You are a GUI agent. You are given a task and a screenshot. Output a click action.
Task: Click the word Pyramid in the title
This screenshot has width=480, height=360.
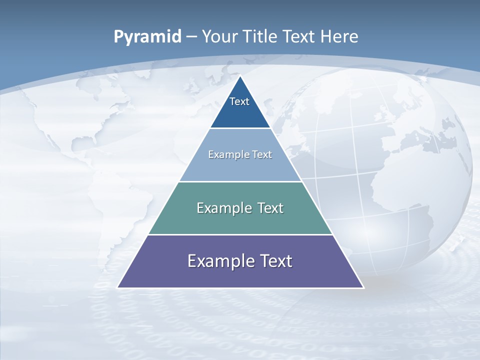(147, 37)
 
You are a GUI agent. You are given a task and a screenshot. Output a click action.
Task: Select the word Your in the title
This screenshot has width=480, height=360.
(219, 36)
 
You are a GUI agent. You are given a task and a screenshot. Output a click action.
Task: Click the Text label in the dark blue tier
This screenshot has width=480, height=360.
(239, 101)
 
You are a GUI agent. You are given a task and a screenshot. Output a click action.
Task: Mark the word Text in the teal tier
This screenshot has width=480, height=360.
(270, 208)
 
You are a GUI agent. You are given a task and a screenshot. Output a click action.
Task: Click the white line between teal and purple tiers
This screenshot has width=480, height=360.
(240, 234)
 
